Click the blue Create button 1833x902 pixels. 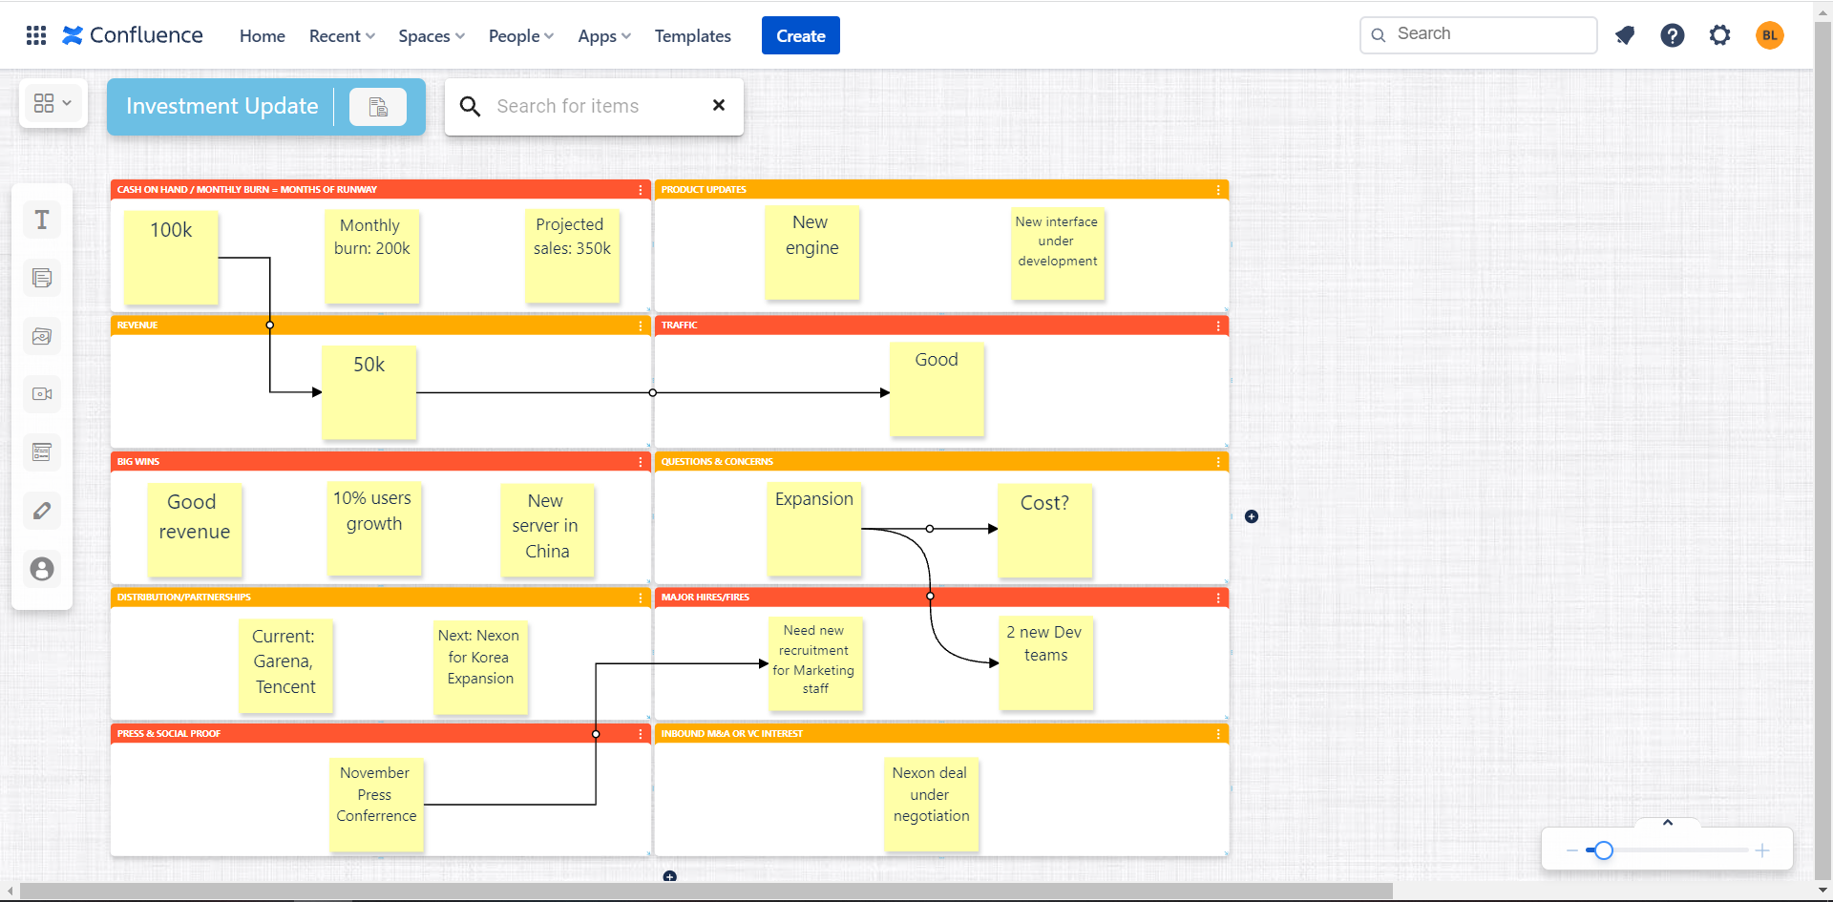[x=800, y=36]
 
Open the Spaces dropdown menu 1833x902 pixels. [x=431, y=36]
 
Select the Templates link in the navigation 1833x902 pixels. [x=692, y=36]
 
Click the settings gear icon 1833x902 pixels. [x=1719, y=35]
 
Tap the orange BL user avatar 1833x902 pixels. [x=1769, y=35]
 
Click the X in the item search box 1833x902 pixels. [x=719, y=105]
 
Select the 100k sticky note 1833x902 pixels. [x=171, y=258]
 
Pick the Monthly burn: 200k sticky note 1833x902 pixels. [x=371, y=256]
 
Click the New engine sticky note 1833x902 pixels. [x=811, y=253]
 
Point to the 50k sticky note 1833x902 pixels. [x=369, y=392]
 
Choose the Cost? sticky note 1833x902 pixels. [x=1044, y=531]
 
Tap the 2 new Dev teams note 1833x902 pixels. [x=1045, y=663]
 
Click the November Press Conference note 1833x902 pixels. [x=376, y=805]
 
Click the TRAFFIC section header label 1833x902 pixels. [x=680, y=325]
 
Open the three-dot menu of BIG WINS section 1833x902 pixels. [x=640, y=462]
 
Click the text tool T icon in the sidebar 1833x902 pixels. [x=42, y=220]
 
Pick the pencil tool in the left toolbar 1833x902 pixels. [x=42, y=511]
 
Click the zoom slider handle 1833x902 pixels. [x=1604, y=850]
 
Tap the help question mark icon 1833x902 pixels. [x=1672, y=35]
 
